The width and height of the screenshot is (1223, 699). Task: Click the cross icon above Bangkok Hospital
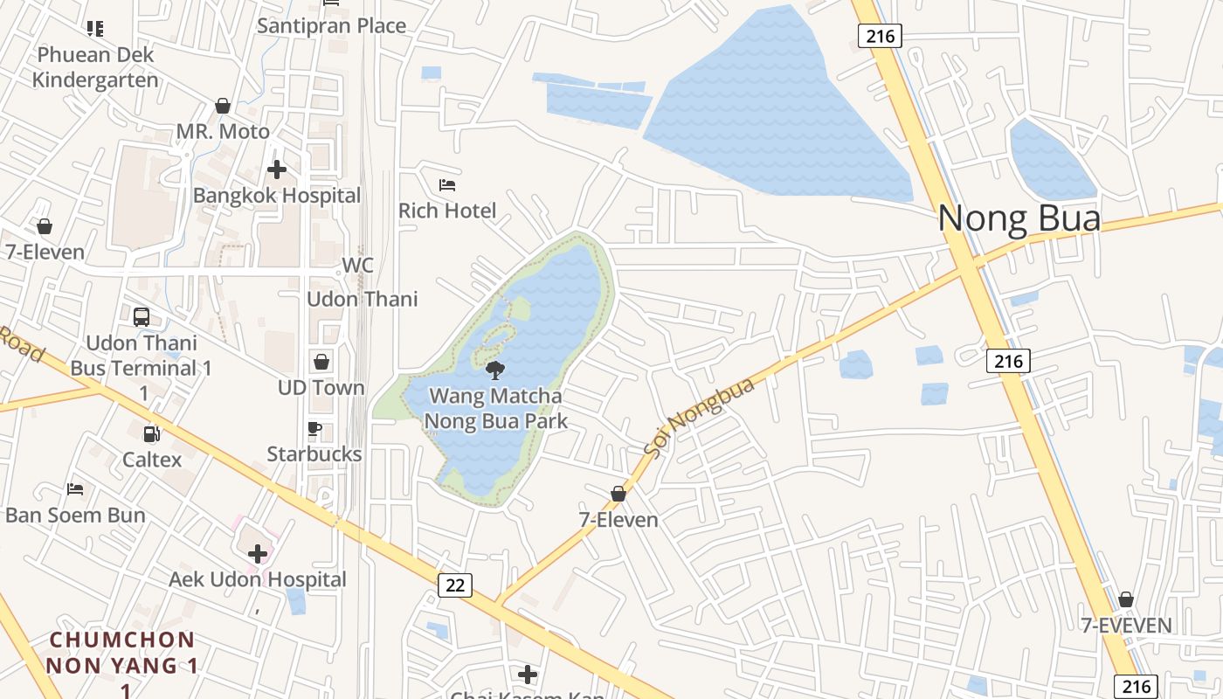[277, 170]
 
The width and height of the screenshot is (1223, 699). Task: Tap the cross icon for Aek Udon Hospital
[258, 553]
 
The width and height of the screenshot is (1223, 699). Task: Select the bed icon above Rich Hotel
[447, 185]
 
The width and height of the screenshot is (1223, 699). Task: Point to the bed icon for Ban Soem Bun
[75, 488]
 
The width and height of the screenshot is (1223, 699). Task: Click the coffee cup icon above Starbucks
[314, 428]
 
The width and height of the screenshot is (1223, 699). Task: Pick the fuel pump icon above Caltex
[151, 433]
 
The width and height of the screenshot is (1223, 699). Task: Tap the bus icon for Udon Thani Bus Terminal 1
[141, 317]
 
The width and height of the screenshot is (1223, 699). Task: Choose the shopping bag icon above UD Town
[321, 362]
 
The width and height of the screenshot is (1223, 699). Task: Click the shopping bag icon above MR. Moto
[223, 106]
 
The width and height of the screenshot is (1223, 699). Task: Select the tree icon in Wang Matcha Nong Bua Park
[495, 370]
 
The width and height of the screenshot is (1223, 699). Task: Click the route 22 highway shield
[455, 585]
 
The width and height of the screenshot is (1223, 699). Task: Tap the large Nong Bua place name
[1019, 218]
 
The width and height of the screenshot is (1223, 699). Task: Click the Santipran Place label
[331, 25]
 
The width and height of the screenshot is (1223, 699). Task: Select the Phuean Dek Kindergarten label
[95, 67]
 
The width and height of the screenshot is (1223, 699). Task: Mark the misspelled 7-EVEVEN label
[1126, 626]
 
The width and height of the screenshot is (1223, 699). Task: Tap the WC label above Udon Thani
[357, 266]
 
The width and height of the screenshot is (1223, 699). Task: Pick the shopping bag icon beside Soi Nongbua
[618, 494]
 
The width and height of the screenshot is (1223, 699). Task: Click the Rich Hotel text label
[447, 211]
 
